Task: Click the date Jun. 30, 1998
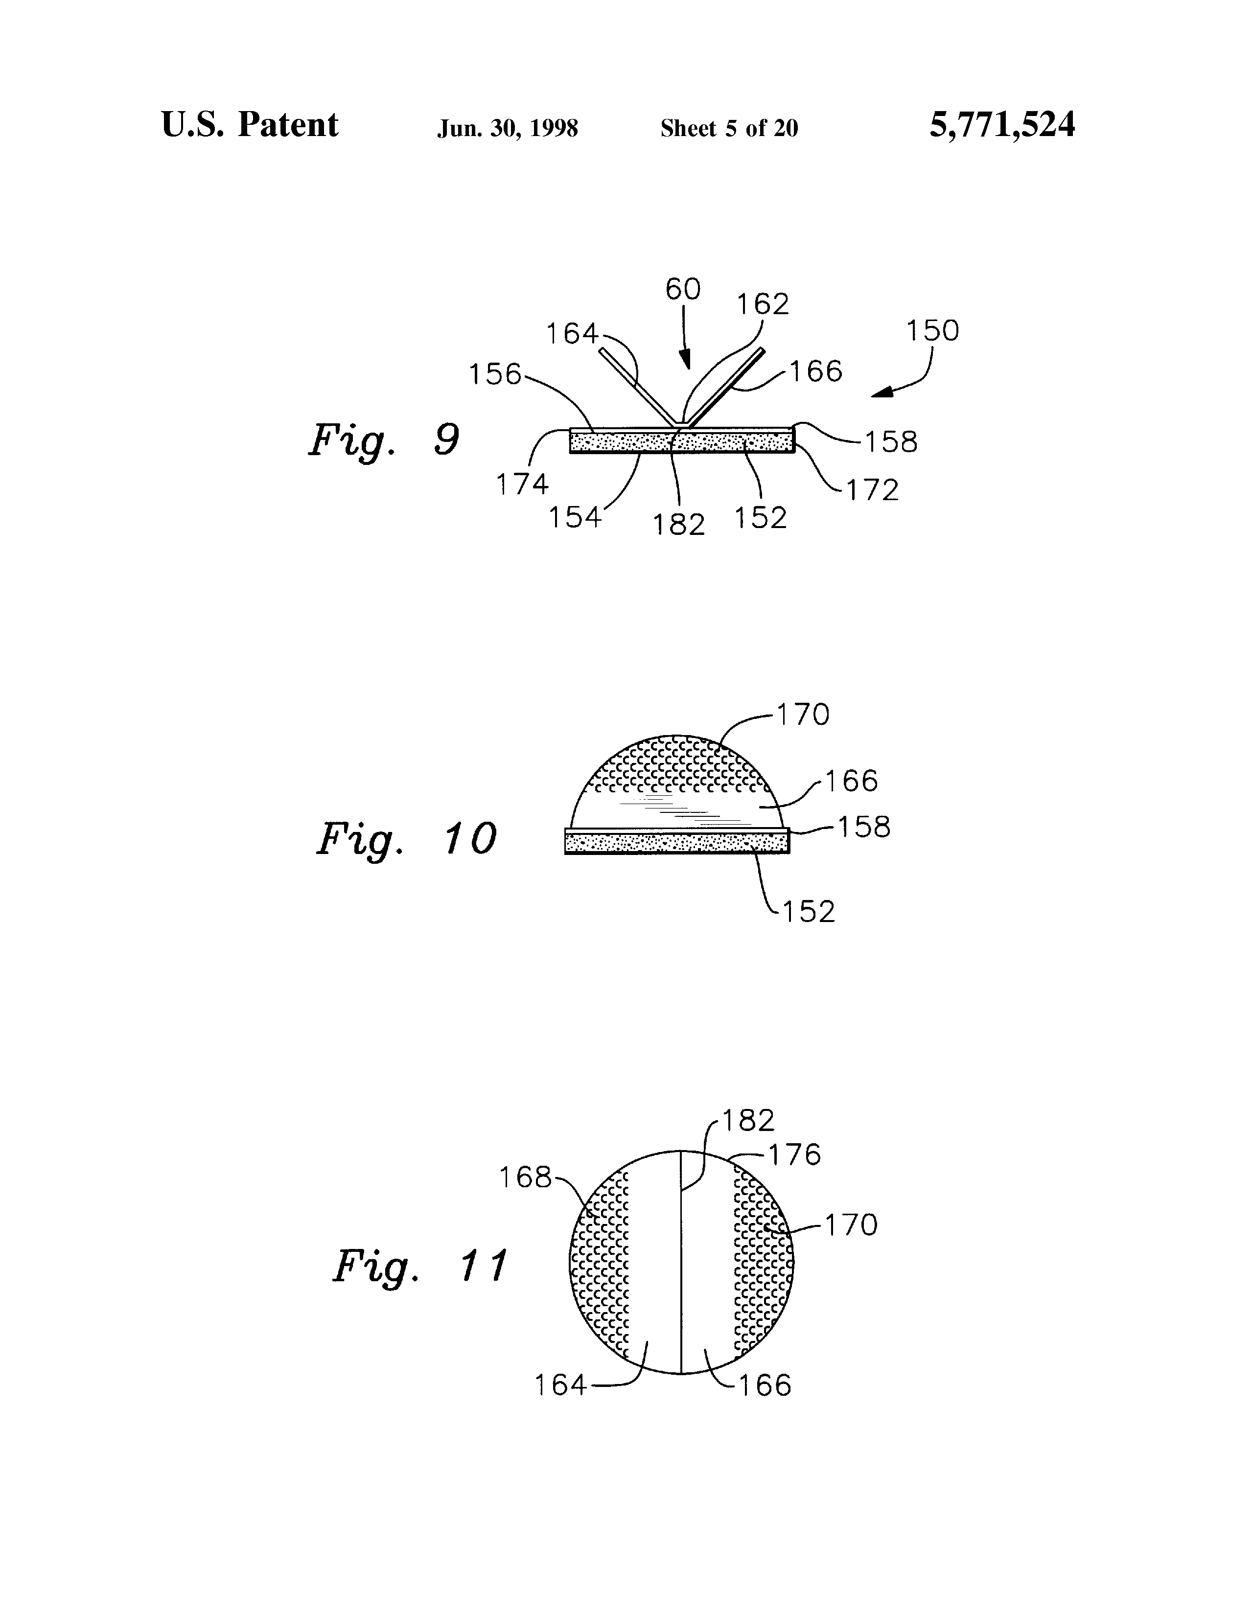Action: [508, 129]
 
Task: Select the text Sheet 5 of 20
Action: [729, 129]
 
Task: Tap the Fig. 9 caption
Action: [384, 441]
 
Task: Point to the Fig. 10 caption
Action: [406, 840]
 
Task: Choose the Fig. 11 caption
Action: [419, 1266]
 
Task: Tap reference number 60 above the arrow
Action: [683, 289]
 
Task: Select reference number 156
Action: [495, 374]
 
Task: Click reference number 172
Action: [873, 490]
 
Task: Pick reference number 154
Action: [574, 518]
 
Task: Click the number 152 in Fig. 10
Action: [809, 912]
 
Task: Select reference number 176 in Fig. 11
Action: [794, 1155]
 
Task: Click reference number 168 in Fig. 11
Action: [525, 1177]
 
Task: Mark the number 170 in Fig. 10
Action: [803, 715]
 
